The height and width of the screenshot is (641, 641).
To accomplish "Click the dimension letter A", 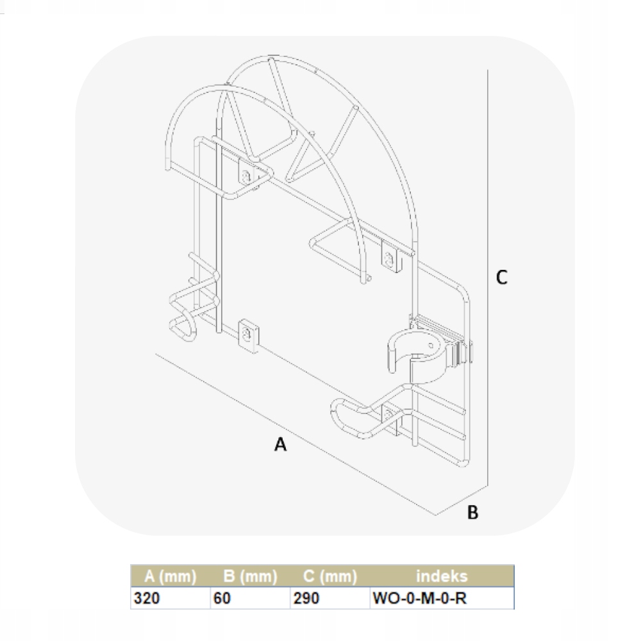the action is point(281,444).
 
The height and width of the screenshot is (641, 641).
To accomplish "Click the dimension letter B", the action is point(472,512).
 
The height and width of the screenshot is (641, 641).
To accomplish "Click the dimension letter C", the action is point(502,277).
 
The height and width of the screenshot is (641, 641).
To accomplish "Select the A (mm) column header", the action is point(170,576).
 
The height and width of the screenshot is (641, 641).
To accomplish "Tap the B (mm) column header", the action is point(250,576).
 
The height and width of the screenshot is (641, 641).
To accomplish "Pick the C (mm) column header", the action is point(330,576).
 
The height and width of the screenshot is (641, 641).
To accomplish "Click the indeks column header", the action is point(442,576).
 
